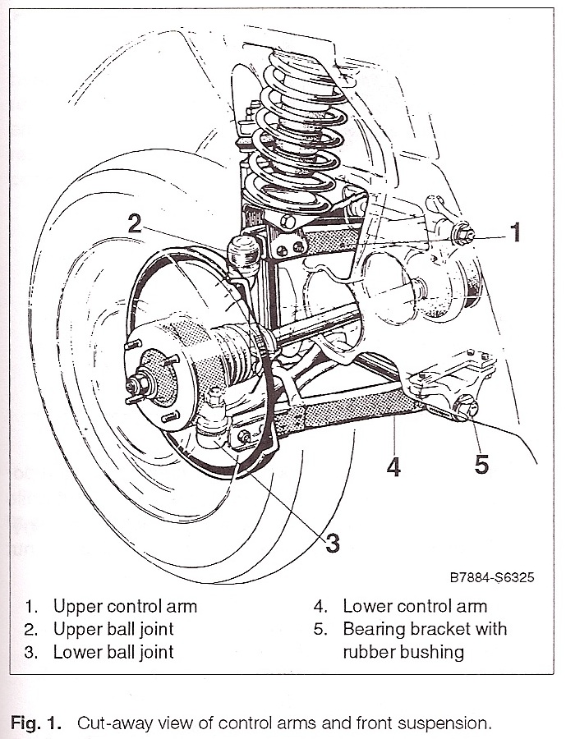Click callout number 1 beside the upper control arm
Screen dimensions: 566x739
[x=516, y=232]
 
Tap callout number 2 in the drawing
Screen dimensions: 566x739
[x=136, y=223]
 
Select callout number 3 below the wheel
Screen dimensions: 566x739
[x=333, y=543]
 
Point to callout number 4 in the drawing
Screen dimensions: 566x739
[x=393, y=466]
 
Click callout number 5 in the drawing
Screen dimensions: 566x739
[x=481, y=465]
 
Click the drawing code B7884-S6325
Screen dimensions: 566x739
[x=492, y=577]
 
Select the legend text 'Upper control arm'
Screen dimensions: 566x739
[x=125, y=606]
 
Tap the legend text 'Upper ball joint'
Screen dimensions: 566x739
[x=113, y=629]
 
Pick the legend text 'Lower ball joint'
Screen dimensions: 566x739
[x=113, y=652]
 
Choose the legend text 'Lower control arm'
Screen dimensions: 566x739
[x=415, y=606]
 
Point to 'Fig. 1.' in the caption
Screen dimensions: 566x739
[x=36, y=723]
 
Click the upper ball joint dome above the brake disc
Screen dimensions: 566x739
[x=244, y=252]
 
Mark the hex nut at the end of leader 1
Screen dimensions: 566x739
[x=462, y=234]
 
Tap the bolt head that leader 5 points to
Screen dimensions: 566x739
[x=466, y=406]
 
